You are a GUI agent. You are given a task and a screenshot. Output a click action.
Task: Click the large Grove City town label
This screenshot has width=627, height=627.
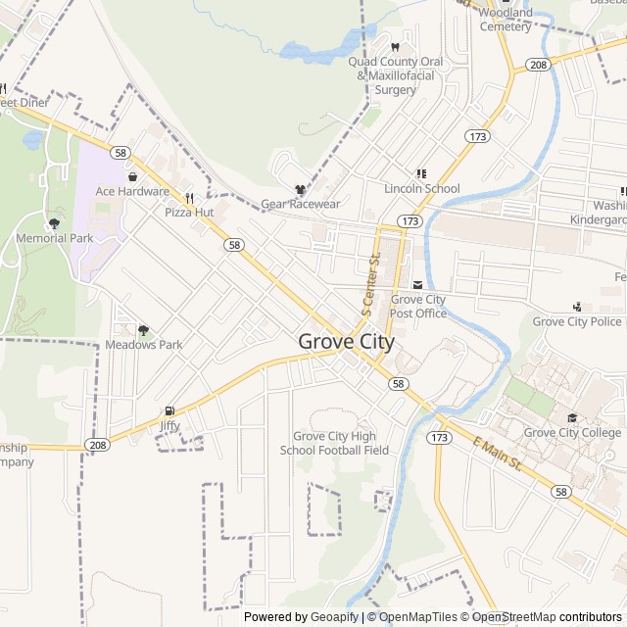point(346,342)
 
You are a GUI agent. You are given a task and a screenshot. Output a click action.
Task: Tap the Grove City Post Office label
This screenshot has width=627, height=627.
point(418,307)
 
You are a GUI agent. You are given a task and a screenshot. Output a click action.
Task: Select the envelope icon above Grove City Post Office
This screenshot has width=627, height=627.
point(418,284)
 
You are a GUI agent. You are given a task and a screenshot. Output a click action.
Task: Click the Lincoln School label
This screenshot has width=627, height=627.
point(422,188)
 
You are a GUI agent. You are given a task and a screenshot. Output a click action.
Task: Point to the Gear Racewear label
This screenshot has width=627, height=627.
point(300,204)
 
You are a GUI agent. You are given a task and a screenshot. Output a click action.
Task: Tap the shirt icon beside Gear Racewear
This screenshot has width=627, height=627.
point(300,189)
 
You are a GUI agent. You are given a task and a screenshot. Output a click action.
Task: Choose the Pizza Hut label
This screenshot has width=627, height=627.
point(189,212)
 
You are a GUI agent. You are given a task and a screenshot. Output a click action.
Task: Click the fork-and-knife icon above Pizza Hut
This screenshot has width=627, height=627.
point(189,197)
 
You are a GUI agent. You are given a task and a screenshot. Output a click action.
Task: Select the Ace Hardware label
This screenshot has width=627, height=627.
point(132,192)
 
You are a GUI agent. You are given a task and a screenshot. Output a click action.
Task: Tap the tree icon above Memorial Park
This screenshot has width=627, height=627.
point(54,223)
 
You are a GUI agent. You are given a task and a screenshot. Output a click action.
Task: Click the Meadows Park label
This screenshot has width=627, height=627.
point(144,345)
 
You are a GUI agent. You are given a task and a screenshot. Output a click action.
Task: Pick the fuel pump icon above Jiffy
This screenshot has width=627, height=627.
point(170,411)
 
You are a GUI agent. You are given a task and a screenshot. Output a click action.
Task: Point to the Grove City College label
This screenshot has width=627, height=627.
point(573,432)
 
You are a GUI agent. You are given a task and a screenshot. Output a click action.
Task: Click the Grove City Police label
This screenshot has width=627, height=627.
point(577,321)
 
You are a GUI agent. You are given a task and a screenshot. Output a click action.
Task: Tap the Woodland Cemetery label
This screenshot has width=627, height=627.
point(506,20)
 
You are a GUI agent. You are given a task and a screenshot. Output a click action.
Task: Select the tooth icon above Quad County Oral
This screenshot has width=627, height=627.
point(396,47)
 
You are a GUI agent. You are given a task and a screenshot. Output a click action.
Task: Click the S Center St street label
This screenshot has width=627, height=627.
point(370,284)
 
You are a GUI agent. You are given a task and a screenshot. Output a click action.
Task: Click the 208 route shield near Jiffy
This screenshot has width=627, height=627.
point(96,444)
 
